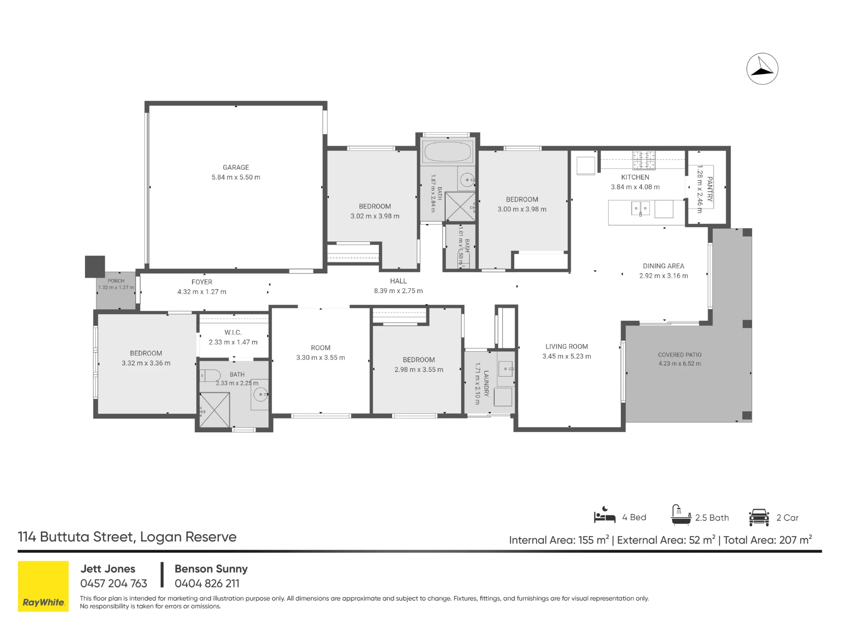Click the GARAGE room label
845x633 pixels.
click(x=236, y=167)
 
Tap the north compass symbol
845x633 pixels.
click(x=762, y=69)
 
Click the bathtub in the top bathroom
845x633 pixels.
click(x=447, y=151)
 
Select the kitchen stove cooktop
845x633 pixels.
click(x=644, y=160)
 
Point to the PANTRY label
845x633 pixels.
click(x=710, y=189)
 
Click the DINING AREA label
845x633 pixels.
click(x=663, y=266)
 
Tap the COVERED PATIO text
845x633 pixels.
click(x=679, y=355)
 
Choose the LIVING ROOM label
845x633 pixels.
click(x=567, y=347)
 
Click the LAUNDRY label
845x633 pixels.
click(x=486, y=383)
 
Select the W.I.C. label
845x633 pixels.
click(x=233, y=333)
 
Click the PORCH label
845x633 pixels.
click(x=116, y=281)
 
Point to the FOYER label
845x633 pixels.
click(x=202, y=282)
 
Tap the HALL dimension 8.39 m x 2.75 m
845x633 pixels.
click(x=398, y=291)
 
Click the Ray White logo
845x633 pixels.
click(x=43, y=586)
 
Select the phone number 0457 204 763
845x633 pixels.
click(x=114, y=584)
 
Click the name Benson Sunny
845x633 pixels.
click(x=211, y=569)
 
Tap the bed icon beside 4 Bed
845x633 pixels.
click(x=605, y=515)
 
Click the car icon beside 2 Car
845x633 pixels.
click(x=759, y=517)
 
